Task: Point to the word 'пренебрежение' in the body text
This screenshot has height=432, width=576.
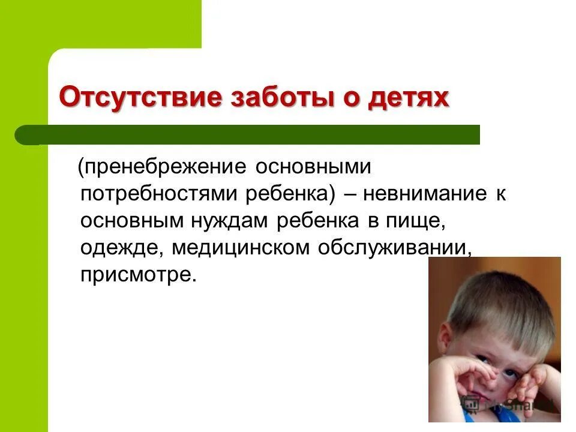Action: [x=166, y=167]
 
